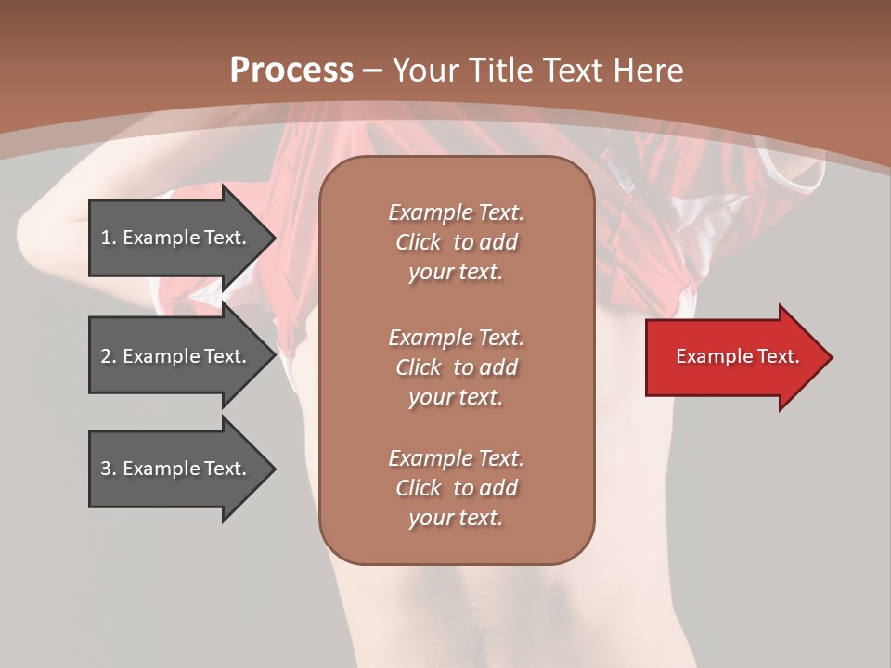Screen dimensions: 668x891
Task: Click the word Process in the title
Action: tap(291, 70)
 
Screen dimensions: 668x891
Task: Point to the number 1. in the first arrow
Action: tap(108, 238)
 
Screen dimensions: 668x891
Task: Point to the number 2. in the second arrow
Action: tap(108, 356)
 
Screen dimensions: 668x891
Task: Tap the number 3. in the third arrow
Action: tap(108, 469)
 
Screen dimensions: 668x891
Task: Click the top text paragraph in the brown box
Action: tap(457, 242)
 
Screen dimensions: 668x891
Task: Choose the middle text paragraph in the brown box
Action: tap(457, 366)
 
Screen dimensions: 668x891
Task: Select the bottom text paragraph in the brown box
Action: tap(457, 488)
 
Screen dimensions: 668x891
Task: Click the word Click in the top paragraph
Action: tap(419, 242)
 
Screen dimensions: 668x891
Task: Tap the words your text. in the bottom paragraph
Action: tap(456, 518)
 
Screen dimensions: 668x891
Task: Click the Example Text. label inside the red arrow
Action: tap(737, 356)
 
